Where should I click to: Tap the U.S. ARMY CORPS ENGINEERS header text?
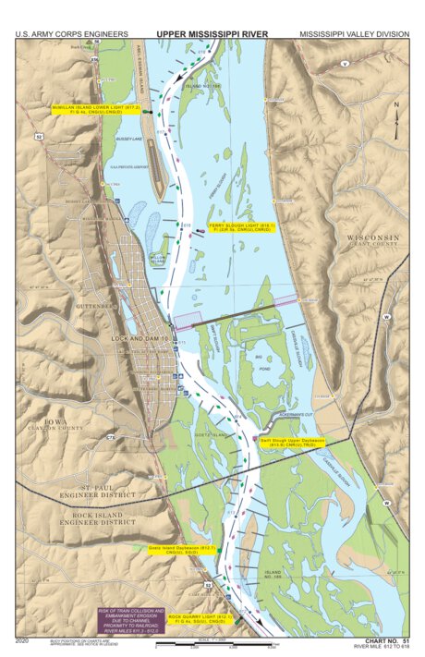tap(71, 34)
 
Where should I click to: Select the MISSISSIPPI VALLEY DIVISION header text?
tap(354, 34)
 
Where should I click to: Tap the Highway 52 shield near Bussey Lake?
tap(39, 137)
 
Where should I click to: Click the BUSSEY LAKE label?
tap(128, 139)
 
